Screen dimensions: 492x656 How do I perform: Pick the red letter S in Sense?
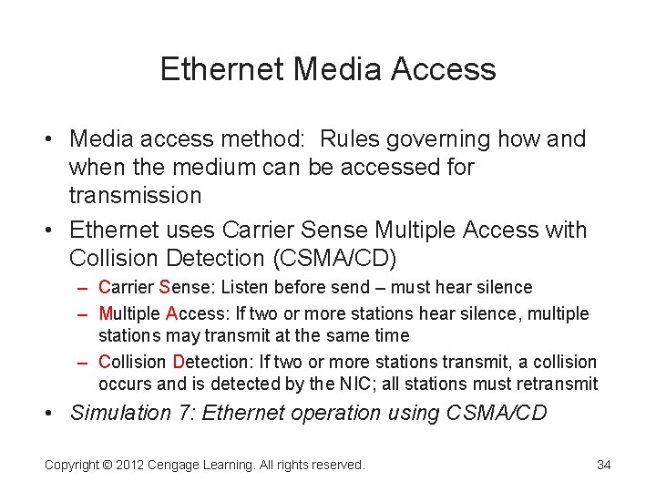(x=164, y=288)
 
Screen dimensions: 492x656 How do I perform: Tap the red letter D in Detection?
(x=178, y=363)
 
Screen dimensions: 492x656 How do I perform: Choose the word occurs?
(x=122, y=384)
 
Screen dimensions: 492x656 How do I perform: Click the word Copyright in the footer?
(x=73, y=465)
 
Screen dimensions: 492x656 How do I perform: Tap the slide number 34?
(x=603, y=465)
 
